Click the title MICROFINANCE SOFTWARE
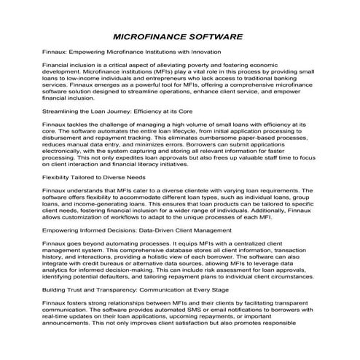click(x=179, y=36)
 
